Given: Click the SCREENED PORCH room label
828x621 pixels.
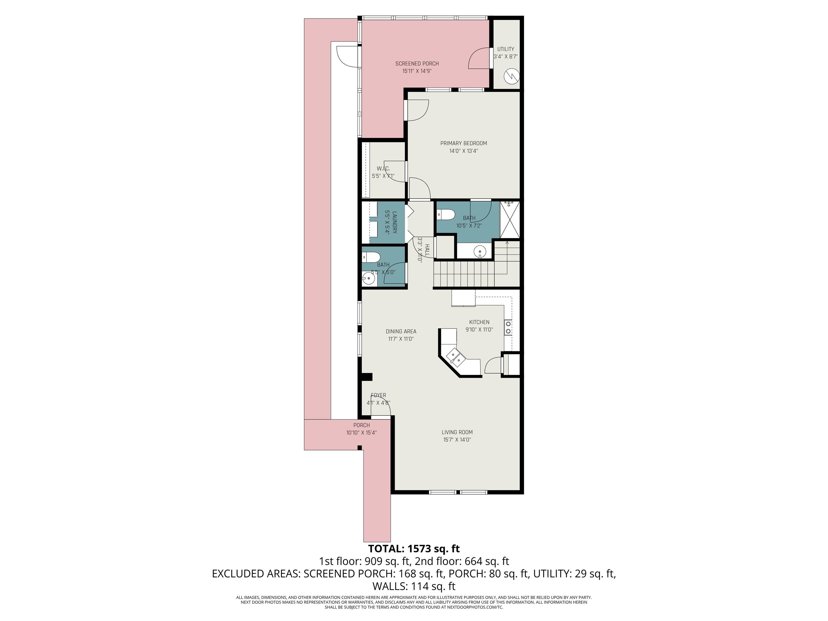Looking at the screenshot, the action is pyautogui.click(x=417, y=64).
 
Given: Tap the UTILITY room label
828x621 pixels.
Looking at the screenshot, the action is pyautogui.click(x=505, y=49).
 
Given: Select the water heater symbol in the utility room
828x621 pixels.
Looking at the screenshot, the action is pyautogui.click(x=512, y=77).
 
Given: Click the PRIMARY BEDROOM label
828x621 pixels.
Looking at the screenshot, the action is pyautogui.click(x=463, y=143).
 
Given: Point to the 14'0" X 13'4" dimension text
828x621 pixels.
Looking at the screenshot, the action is pyautogui.click(x=463, y=151).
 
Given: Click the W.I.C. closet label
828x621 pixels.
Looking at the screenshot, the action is pyautogui.click(x=383, y=168).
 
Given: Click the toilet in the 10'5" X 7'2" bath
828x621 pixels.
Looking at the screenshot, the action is pyautogui.click(x=446, y=215).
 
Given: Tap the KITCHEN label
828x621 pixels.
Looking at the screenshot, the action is pyautogui.click(x=479, y=322).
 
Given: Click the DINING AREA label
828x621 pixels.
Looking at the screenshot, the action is pyautogui.click(x=401, y=331).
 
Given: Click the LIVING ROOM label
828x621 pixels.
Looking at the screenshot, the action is pyautogui.click(x=457, y=432).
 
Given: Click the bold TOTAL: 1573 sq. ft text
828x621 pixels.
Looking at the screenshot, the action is pyautogui.click(x=414, y=549).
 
